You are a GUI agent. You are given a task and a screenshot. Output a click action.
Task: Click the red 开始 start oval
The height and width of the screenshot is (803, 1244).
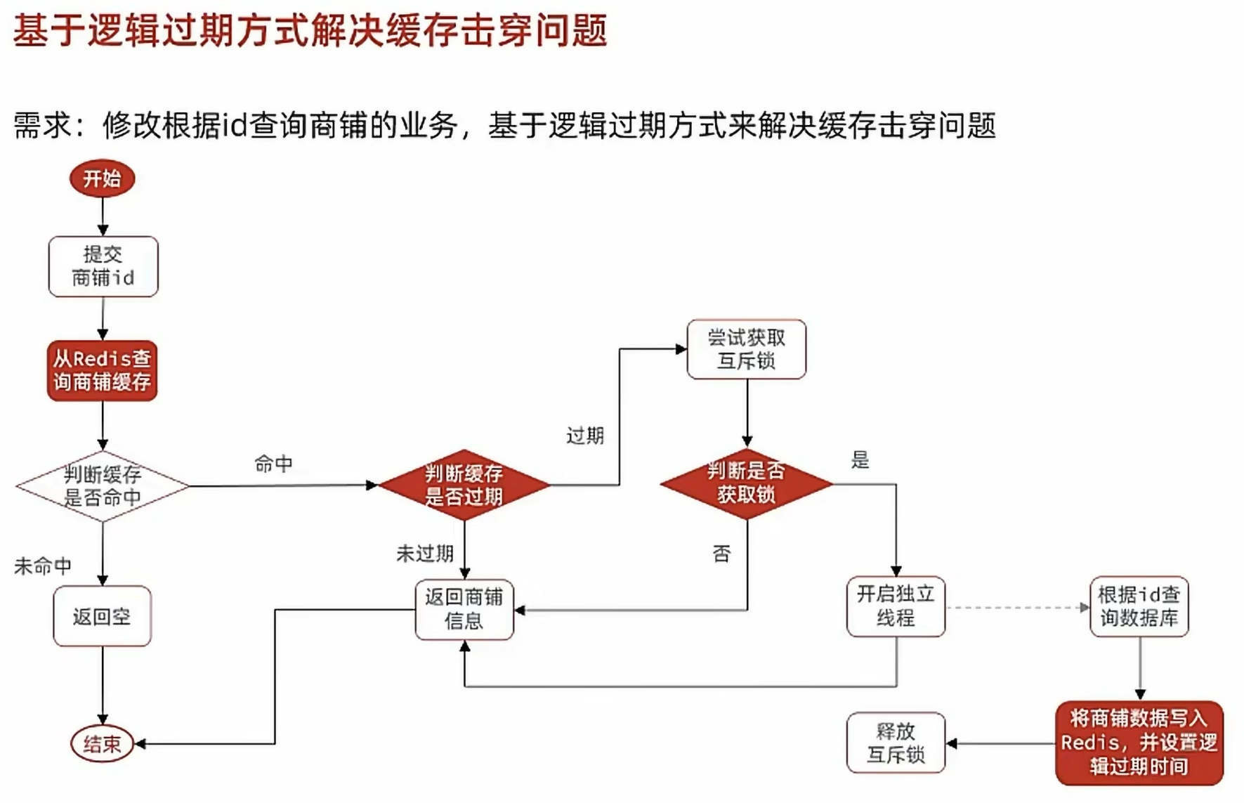[102, 178]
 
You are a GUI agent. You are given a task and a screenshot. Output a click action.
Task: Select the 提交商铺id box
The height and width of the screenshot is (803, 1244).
[103, 266]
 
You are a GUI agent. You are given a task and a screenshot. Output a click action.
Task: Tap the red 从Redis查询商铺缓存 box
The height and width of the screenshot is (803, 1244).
[103, 371]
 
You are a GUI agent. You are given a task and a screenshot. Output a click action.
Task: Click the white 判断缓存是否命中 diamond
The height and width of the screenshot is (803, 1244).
[103, 486]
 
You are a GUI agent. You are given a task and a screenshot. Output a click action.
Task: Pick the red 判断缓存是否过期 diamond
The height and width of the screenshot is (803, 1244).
[464, 485]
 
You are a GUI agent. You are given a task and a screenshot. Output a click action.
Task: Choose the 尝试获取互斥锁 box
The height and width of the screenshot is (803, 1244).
[746, 349]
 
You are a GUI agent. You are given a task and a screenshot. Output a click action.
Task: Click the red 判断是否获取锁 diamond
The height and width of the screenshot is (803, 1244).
[746, 483]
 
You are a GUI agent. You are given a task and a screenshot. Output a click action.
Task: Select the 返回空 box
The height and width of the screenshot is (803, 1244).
[102, 616]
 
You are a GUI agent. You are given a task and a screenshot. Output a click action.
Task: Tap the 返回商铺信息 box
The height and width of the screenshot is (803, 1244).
[464, 609]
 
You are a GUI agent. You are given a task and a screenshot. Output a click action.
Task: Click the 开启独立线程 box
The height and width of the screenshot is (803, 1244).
[896, 607]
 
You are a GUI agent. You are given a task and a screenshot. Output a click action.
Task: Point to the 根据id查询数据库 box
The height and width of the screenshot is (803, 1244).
[1139, 607]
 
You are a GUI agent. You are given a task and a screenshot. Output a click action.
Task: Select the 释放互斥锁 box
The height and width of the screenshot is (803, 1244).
[896, 743]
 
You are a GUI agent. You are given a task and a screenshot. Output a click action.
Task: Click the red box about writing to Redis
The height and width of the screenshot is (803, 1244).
[1139, 743]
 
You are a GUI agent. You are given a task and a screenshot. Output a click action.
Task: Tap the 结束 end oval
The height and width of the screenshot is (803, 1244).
[102, 743]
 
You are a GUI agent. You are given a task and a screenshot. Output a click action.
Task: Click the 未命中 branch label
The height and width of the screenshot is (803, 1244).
[43, 566]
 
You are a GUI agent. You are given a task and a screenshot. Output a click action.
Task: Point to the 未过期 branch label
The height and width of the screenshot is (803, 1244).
[425, 554]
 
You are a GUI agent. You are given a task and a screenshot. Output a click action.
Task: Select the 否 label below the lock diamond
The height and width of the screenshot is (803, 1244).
[721, 554]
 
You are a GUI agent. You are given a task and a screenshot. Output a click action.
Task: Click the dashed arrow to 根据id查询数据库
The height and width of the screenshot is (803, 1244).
[1016, 608]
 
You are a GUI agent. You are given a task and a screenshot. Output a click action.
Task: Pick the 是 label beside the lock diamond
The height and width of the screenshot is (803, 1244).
[860, 460]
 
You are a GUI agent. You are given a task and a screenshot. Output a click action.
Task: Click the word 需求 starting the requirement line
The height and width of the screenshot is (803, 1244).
[43, 126]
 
